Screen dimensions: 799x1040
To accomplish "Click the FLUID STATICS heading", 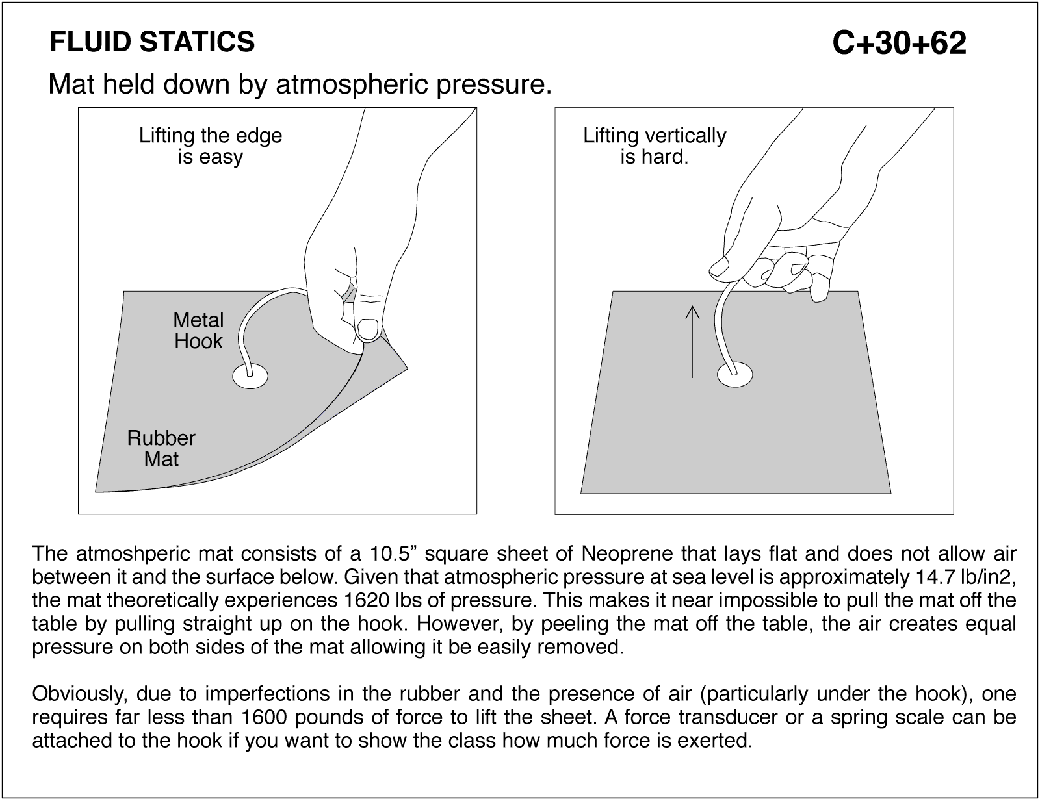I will pos(152,42).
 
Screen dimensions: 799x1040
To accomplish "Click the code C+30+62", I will pos(899,44).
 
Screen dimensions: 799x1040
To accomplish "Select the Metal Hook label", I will pos(198,331).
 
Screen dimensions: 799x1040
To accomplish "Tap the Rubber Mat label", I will pos(161,448).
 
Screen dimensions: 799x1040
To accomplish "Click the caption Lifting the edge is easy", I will pos(211,146).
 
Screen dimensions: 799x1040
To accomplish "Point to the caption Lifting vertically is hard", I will pos(654,146).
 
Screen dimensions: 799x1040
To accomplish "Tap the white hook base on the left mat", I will pos(250,376).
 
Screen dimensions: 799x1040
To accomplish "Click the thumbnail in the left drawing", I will pos(369,330).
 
